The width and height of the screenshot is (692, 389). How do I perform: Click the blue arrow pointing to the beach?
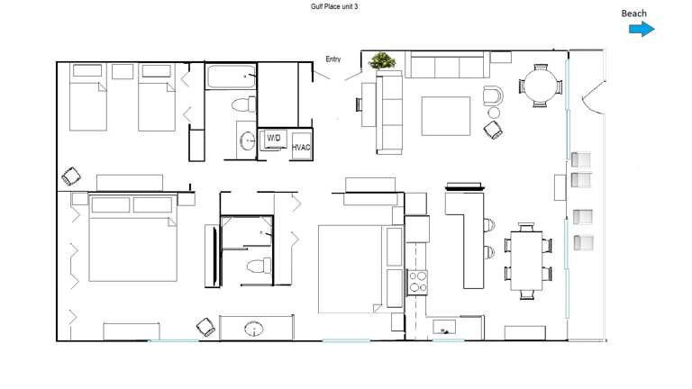coord(641,30)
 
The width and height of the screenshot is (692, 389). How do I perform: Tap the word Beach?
coord(633,14)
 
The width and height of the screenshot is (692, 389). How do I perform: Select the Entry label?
coord(333,59)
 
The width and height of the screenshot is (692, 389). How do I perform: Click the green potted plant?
coord(383,62)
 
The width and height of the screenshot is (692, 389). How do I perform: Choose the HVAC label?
coord(300,147)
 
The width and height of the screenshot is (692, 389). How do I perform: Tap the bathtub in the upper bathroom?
coord(231,77)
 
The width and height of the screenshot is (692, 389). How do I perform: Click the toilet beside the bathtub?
coord(241,104)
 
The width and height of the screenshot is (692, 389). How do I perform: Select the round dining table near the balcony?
coord(540,87)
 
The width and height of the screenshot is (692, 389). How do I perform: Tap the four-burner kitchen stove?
coord(418,281)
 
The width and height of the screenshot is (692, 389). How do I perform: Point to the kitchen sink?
coord(443,330)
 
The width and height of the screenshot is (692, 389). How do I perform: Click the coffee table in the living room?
coord(445,115)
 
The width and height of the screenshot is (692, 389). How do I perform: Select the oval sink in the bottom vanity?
coord(255,328)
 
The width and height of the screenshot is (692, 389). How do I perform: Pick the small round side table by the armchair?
coord(494,113)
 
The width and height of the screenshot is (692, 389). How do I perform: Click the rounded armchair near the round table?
coord(493,94)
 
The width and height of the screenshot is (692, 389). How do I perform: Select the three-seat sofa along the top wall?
coord(447,65)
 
